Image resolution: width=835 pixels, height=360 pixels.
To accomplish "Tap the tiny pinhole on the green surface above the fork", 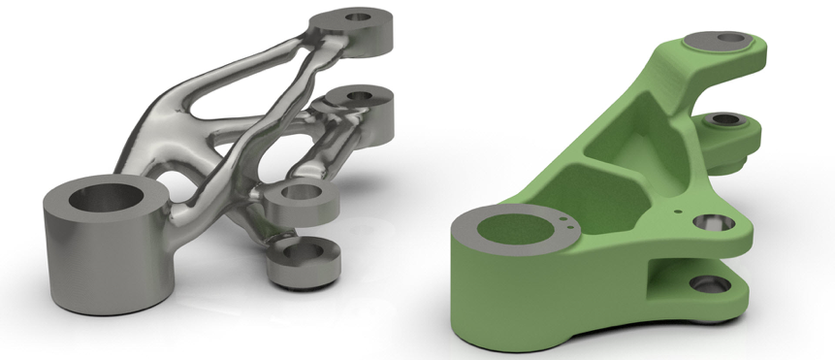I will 684,207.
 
